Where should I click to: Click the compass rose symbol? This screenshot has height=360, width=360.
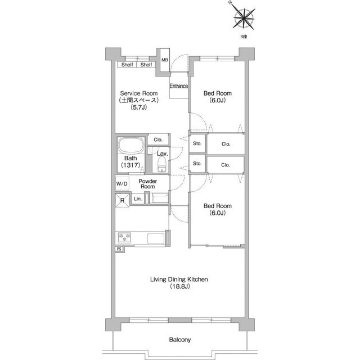click(x=244, y=18)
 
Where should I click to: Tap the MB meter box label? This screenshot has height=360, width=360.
click(x=165, y=60)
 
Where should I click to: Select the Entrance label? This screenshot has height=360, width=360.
click(x=179, y=86)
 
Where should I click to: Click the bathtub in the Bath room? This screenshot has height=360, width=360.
click(x=131, y=146)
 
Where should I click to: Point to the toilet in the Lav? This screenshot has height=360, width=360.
click(x=161, y=164)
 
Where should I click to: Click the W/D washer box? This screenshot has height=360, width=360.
click(x=122, y=183)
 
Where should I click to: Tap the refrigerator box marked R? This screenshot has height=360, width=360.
click(x=122, y=200)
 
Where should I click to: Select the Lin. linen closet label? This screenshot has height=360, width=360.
click(x=138, y=199)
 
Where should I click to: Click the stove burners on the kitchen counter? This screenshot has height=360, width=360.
click(x=124, y=237)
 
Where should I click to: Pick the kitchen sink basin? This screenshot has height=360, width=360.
click(x=156, y=238)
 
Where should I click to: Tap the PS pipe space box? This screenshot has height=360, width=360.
click(x=119, y=249)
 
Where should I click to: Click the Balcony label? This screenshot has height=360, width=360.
click(x=180, y=340)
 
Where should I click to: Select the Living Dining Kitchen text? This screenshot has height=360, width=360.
click(x=179, y=280)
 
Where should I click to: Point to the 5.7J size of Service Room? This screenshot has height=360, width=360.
click(x=139, y=107)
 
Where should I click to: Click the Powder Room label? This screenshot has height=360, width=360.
click(x=147, y=184)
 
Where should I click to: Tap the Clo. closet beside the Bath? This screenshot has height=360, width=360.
click(x=158, y=139)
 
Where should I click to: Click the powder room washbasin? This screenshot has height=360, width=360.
click(x=159, y=199)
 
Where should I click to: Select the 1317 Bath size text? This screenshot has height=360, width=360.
click(x=130, y=165)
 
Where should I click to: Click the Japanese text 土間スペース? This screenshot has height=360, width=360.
click(x=139, y=100)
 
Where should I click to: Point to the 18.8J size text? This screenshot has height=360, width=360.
click(x=179, y=286)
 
